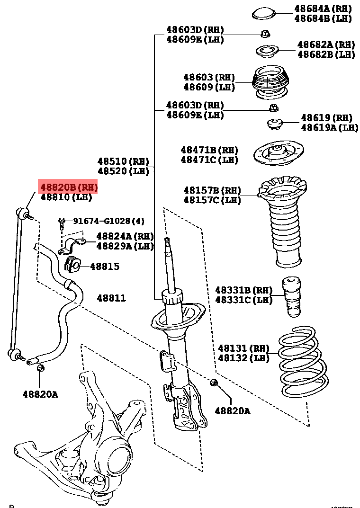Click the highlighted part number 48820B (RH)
coord(69,187)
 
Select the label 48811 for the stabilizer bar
coord(111,298)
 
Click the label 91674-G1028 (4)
coord(108,221)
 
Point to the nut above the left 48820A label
coord(40,368)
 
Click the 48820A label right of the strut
coord(232,411)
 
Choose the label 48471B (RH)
coord(209,150)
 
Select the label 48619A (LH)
coord(330,127)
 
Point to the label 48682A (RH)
coord(326,45)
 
